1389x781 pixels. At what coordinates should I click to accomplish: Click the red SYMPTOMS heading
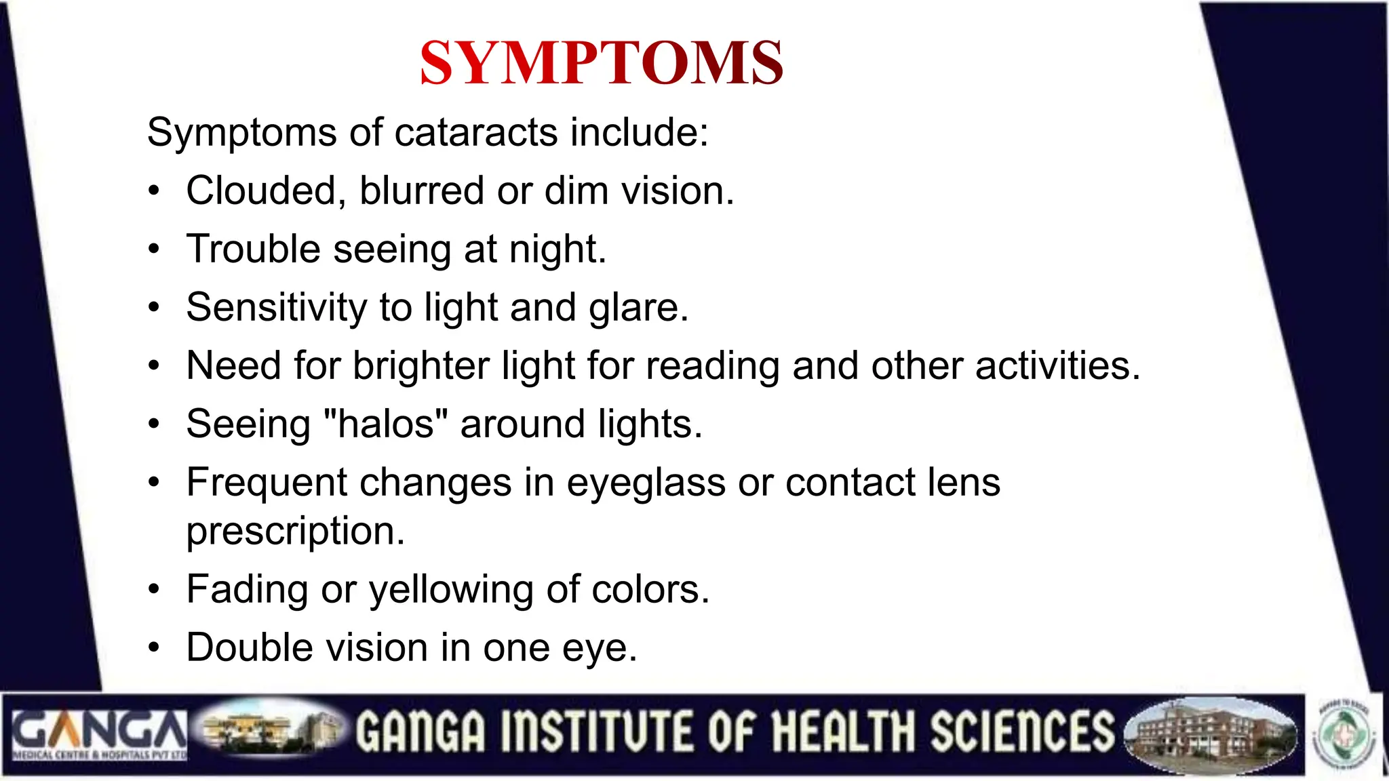click(x=602, y=63)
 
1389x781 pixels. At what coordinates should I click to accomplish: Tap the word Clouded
click(x=260, y=191)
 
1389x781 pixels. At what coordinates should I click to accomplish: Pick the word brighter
click(x=420, y=366)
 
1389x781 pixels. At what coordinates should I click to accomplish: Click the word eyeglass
click(x=646, y=483)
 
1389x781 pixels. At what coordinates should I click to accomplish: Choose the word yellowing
click(x=451, y=589)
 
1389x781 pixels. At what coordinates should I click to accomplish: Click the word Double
click(x=250, y=647)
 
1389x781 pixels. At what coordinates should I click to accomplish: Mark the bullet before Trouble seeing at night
click(x=155, y=249)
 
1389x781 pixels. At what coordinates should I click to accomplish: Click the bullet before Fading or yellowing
click(x=155, y=589)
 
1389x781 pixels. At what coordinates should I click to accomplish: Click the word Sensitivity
click(x=276, y=308)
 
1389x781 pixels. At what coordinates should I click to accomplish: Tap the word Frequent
click(x=267, y=483)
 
